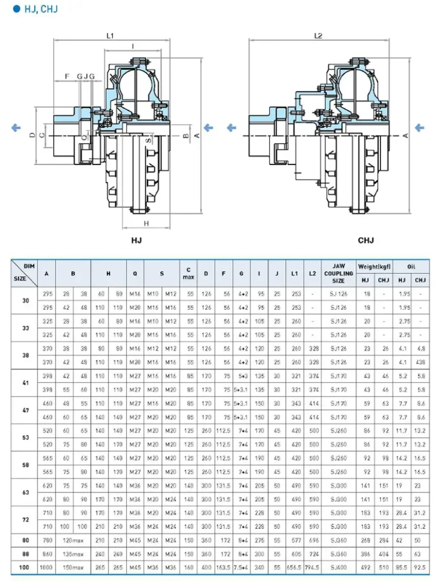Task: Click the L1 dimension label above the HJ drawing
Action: [x=111, y=35]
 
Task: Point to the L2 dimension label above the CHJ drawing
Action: [x=318, y=35]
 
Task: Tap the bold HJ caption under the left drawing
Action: [x=136, y=241]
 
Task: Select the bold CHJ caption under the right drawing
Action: [x=366, y=241]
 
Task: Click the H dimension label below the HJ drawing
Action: [x=146, y=223]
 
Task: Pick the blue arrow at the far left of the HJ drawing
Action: [x=16, y=128]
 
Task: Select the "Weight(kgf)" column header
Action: [x=374, y=266]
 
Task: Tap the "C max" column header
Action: [x=188, y=273]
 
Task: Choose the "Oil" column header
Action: [x=411, y=266]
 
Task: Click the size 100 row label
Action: [x=24, y=567]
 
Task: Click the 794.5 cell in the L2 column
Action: [x=312, y=567]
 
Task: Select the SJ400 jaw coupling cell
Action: [x=338, y=567]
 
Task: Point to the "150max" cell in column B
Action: [x=73, y=567]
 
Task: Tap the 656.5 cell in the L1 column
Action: [x=294, y=567]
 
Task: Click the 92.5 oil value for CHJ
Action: [x=420, y=567]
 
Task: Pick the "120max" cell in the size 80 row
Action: [x=73, y=540]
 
